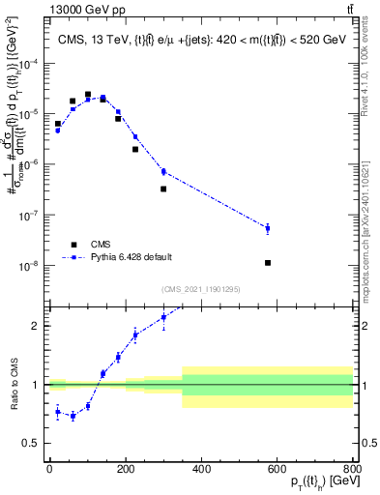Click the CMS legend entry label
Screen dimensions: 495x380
pos(101,245)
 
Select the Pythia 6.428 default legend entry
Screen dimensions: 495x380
pos(132,257)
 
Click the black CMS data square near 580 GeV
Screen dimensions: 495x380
pos(268,263)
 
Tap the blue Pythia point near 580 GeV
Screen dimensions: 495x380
pos(268,228)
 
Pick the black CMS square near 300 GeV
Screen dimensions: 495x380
pos(163,189)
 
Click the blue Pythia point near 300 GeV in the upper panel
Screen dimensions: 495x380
pos(163,171)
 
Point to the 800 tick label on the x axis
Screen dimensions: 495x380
pos(352,467)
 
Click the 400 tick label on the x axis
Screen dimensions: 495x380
pos(201,467)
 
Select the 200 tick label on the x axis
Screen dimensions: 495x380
pos(126,467)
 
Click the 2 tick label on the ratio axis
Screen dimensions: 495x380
pos(37,325)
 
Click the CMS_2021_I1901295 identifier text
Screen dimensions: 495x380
pos(200,289)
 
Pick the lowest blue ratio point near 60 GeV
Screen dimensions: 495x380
pos(73,416)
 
